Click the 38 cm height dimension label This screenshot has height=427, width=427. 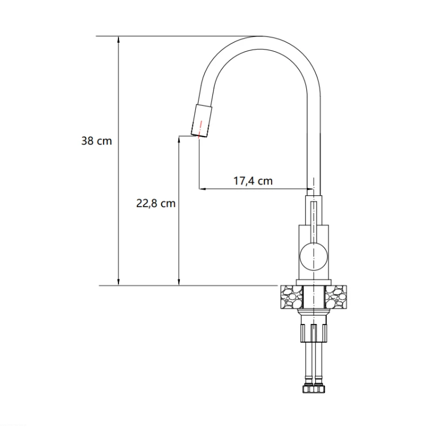[x=96, y=141]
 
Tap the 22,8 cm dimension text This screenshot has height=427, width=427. [x=156, y=204]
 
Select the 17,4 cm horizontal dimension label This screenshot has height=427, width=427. [x=253, y=181]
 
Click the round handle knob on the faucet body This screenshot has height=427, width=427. [x=314, y=257]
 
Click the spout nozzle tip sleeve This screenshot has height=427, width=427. [x=202, y=120]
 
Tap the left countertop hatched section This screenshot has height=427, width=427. [x=291, y=297]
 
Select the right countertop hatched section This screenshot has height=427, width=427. [x=336, y=297]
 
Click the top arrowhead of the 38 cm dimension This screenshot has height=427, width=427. [x=118, y=40]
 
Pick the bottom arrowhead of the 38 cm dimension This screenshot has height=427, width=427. [x=118, y=282]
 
